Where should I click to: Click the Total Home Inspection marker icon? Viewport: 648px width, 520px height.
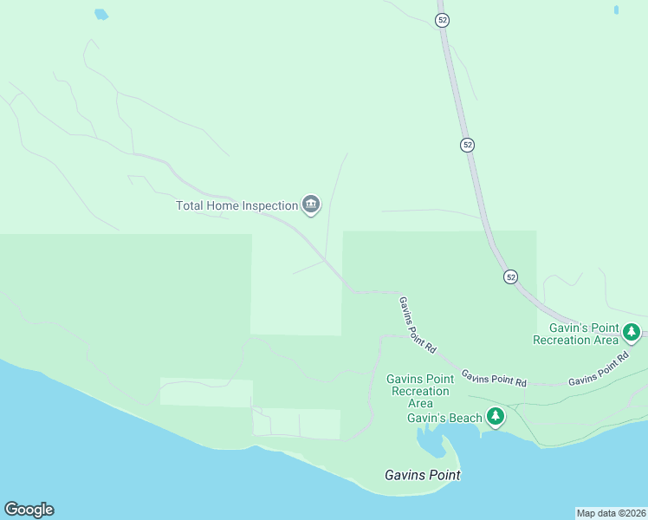pyautogui.click(x=311, y=205)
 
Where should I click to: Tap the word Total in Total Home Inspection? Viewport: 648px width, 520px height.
pyautogui.click(x=190, y=206)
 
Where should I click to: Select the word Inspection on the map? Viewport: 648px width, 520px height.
pyautogui.click(x=266, y=206)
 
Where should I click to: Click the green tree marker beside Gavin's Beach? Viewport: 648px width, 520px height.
pyautogui.click(x=496, y=418)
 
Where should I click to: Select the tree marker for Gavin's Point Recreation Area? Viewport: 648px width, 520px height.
pyautogui.click(x=632, y=332)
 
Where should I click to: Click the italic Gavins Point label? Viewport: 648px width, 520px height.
pyautogui.click(x=422, y=475)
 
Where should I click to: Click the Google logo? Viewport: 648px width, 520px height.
pyautogui.click(x=29, y=510)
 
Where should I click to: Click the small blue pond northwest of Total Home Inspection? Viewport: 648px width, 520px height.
pyautogui.click(x=101, y=14)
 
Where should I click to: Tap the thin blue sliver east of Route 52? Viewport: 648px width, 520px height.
pyautogui.click(x=616, y=10)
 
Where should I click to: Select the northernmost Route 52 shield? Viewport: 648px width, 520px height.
pyautogui.click(x=442, y=20)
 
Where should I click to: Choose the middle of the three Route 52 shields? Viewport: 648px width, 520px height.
pyautogui.click(x=467, y=145)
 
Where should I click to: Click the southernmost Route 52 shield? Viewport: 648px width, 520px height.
pyautogui.click(x=510, y=276)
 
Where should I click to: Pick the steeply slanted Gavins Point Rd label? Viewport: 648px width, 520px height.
pyautogui.click(x=417, y=324)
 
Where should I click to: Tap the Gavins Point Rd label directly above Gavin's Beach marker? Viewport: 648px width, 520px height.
pyautogui.click(x=494, y=378)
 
